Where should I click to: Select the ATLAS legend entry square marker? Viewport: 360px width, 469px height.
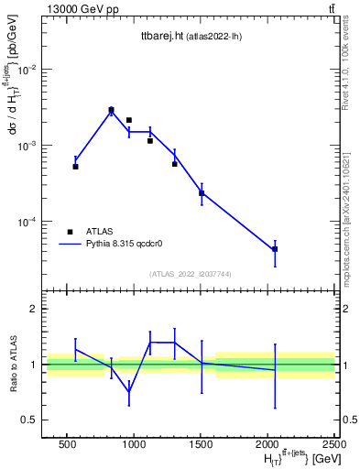(x=70, y=232)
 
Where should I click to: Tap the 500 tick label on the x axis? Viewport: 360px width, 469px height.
(x=66, y=443)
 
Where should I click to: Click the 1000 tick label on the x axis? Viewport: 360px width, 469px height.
(x=134, y=443)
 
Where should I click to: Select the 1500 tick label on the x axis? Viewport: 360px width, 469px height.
(x=202, y=443)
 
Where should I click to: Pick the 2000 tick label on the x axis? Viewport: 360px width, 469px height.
(x=268, y=443)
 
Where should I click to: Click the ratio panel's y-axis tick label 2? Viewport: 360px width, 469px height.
(x=36, y=309)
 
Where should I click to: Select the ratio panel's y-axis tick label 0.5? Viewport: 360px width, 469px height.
(x=31, y=420)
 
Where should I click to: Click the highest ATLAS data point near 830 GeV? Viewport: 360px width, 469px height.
(x=111, y=110)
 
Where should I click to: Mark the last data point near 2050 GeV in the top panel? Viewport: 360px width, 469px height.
(x=275, y=249)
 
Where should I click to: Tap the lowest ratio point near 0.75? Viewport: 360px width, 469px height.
(x=129, y=392)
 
